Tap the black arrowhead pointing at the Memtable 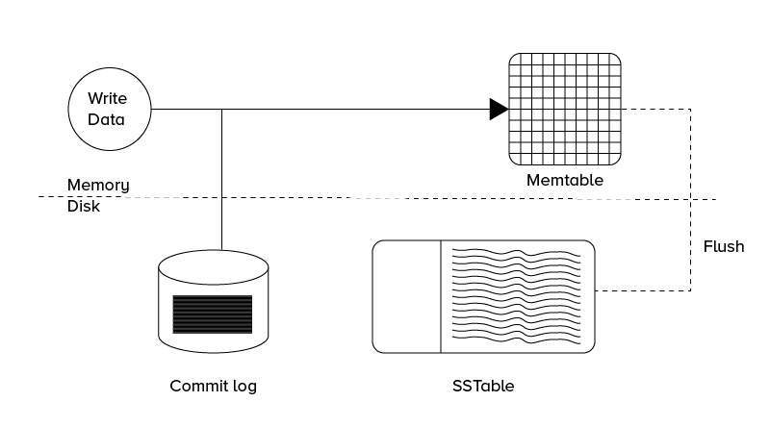tap(498, 109)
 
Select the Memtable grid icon tap(564, 109)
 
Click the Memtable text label tap(564, 180)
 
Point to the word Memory tap(98, 185)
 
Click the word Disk tap(84, 206)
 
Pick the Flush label tap(724, 246)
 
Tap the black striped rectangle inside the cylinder tap(213, 314)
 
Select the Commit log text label tap(213, 387)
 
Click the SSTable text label tap(483, 387)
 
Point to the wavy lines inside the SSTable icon tap(516, 296)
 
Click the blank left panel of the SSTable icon tap(407, 296)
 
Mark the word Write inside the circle tap(107, 98)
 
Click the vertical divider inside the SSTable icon tap(441, 296)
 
